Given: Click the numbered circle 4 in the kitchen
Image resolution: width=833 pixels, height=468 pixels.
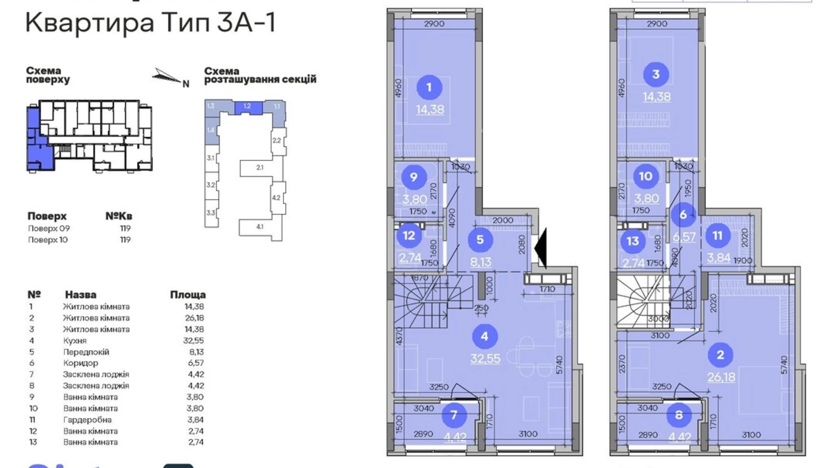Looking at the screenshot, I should pyautogui.click(x=484, y=336).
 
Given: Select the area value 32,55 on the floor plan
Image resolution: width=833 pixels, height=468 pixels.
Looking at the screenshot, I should pyautogui.click(x=485, y=358).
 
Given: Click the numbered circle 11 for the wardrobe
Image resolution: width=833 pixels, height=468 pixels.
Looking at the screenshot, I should pyautogui.click(x=717, y=235).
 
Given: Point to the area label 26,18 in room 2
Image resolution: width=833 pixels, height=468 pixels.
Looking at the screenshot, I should pyautogui.click(x=721, y=377).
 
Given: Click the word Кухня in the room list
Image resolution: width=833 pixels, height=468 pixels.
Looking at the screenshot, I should pyautogui.click(x=75, y=341).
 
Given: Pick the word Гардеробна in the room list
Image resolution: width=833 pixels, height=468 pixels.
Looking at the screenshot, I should pyautogui.click(x=87, y=419).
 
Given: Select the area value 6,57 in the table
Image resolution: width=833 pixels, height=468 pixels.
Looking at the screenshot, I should pyautogui.click(x=196, y=363).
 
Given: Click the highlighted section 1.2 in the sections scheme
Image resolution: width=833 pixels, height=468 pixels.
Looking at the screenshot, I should pyautogui.click(x=247, y=107).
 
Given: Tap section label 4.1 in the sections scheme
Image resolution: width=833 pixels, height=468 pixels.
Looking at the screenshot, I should pyautogui.click(x=260, y=227).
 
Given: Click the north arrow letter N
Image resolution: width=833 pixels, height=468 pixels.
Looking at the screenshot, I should pyautogui.click(x=186, y=84).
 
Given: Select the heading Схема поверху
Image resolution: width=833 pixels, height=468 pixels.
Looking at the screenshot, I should pyautogui.click(x=48, y=75).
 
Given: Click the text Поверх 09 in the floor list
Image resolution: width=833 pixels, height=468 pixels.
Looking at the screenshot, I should pyautogui.click(x=49, y=228).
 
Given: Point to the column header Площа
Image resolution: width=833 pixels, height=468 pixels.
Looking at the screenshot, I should pyautogui.click(x=188, y=295).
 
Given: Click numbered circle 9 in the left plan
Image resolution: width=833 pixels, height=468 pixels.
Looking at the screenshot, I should pyautogui.click(x=413, y=176).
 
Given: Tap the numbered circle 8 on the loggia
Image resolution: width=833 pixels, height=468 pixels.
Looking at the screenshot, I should pyautogui.click(x=679, y=414).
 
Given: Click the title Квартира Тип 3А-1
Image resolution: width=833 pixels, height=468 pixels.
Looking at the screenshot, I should pyautogui.click(x=150, y=22).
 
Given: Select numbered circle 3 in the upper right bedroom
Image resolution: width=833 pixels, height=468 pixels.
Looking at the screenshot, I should pyautogui.click(x=656, y=74).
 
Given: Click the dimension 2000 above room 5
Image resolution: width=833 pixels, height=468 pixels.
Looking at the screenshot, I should pyautogui.click(x=503, y=220).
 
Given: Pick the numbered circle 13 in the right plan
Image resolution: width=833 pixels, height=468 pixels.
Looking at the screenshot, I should pyautogui.click(x=632, y=241).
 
